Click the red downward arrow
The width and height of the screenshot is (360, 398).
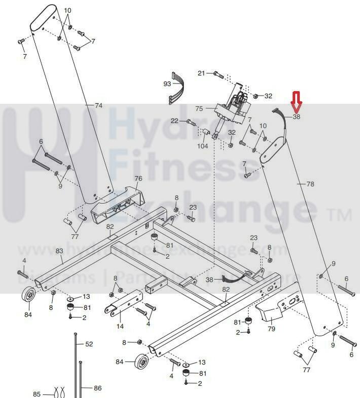click(x=296, y=101)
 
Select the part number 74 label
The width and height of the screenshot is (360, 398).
click(x=98, y=105)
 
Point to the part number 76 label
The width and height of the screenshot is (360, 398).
click(x=138, y=178)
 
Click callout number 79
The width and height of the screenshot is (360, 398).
click(x=271, y=330)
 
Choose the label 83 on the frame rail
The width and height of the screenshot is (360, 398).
click(x=59, y=251)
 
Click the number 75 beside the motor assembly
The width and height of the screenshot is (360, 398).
click(x=199, y=108)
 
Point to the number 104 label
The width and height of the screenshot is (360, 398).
click(x=203, y=146)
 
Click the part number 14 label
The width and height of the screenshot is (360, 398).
click(x=120, y=326)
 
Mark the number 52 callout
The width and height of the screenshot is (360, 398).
click(x=89, y=344)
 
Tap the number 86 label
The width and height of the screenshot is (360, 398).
click(x=97, y=388)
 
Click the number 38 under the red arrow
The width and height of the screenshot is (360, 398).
click(x=297, y=117)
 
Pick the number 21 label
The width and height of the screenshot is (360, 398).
click(x=201, y=74)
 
